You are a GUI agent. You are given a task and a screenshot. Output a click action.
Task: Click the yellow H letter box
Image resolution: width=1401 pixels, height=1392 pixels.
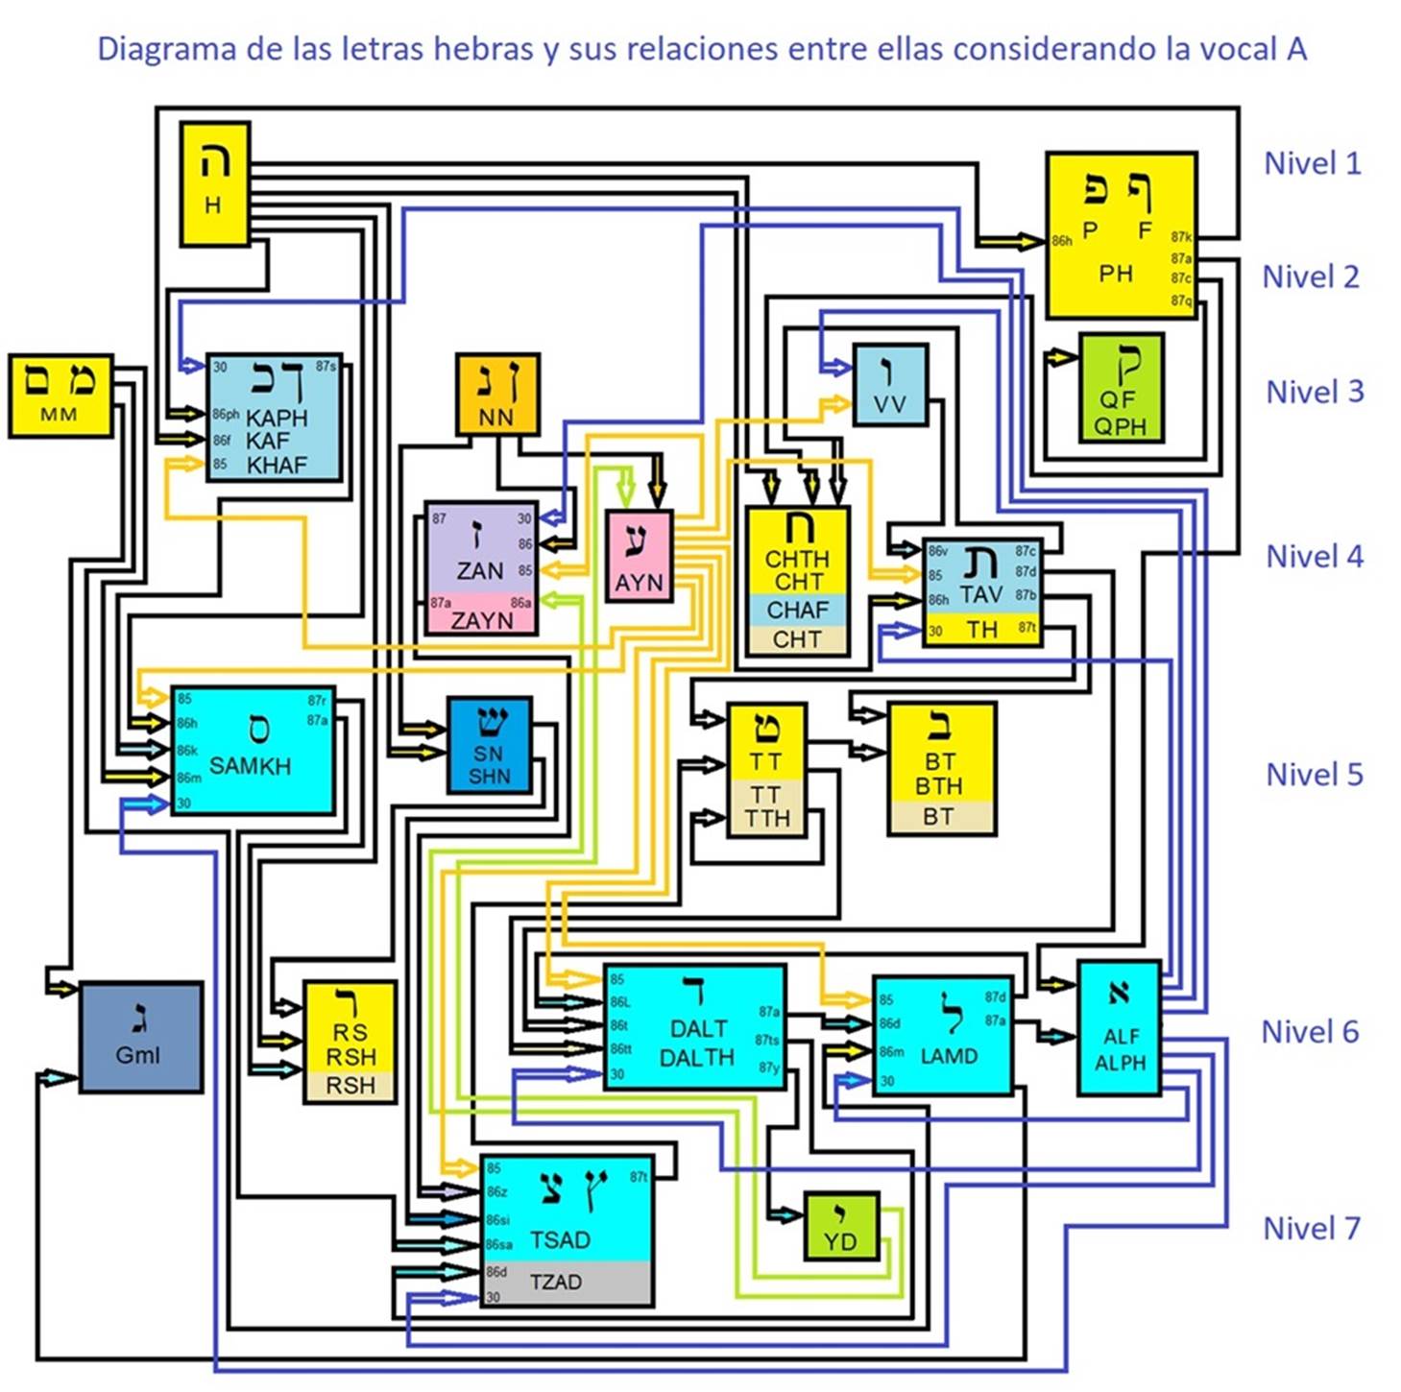[x=215, y=183]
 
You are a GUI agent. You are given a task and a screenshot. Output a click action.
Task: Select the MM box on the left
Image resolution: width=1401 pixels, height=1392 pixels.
[x=60, y=396]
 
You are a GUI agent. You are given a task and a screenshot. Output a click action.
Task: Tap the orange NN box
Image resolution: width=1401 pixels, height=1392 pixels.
[x=496, y=394]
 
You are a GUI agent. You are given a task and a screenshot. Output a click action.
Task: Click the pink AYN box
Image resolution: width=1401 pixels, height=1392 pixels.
[x=639, y=557]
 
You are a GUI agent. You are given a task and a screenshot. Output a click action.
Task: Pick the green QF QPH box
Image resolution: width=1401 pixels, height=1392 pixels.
[x=1121, y=388]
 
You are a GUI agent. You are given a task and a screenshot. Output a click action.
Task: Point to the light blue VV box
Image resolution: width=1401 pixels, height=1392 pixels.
[x=890, y=385]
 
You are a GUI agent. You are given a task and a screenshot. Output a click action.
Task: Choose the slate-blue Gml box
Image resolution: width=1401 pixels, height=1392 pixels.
[x=140, y=1037]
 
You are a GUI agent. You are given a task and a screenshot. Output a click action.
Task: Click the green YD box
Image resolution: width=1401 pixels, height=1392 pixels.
[x=840, y=1227]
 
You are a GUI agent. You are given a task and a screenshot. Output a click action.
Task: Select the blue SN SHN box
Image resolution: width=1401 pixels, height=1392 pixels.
[x=489, y=745]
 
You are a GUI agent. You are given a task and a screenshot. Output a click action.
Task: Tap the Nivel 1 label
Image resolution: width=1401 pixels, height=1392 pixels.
[x=1312, y=163]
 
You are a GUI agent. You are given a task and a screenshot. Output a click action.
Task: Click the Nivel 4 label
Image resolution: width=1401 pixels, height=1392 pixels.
[x=1314, y=556]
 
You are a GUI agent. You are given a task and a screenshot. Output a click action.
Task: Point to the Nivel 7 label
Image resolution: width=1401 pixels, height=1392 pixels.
[x=1311, y=1228]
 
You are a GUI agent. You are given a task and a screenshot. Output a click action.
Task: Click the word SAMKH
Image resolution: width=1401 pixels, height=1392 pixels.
[x=250, y=766]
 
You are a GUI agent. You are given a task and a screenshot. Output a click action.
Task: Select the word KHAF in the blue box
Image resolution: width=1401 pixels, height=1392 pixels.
[x=277, y=466]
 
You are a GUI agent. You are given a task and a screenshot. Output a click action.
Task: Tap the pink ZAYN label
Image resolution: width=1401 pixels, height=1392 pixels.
[x=481, y=620]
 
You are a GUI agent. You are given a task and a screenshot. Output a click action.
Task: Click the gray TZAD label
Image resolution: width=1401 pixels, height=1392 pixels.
[x=555, y=1282]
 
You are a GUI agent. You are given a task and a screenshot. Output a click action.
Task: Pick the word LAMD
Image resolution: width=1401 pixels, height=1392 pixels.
[x=949, y=1056]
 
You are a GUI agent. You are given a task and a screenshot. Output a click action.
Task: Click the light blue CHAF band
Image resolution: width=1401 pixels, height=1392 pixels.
[x=797, y=610]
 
